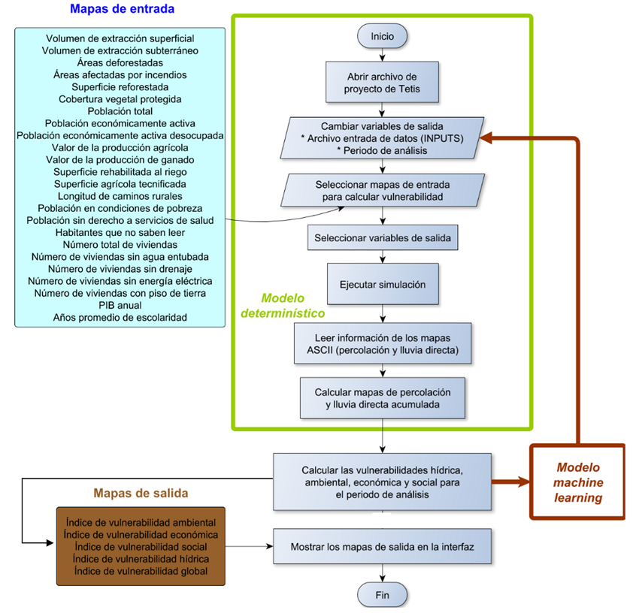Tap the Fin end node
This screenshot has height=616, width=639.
point(383,596)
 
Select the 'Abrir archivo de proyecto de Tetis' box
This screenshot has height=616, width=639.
point(382,83)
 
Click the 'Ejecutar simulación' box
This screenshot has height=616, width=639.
point(382,285)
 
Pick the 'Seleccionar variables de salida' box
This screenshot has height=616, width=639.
point(382,238)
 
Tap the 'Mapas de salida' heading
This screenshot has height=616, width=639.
point(141,494)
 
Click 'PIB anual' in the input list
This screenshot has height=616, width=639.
point(120,305)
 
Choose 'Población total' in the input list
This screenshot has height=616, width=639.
point(120,111)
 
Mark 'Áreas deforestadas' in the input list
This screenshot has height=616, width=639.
point(120,62)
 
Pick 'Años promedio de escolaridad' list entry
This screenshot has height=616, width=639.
point(120,318)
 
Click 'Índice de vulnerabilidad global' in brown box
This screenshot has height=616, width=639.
point(141,571)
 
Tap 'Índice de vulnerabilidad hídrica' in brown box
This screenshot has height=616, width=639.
point(141,559)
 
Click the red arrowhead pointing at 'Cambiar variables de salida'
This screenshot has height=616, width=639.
point(487,137)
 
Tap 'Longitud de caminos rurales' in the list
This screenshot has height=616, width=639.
point(120,196)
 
